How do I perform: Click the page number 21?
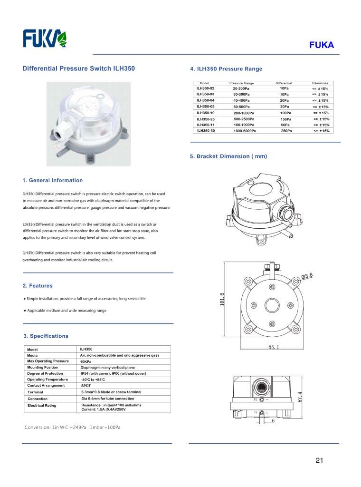point(319,460)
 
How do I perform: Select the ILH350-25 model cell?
point(206,118)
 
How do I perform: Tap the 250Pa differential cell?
point(286,130)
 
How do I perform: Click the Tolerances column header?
point(320,83)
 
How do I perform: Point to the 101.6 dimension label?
point(221,300)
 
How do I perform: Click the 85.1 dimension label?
point(274,348)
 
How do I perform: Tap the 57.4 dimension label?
point(299,396)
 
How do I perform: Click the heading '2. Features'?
point(38,286)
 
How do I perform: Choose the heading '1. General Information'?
point(52,180)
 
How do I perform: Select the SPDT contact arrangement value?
point(86,386)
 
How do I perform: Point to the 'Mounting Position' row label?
point(43,368)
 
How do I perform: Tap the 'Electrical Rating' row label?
point(42,405)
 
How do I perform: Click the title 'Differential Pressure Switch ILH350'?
point(79,68)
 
